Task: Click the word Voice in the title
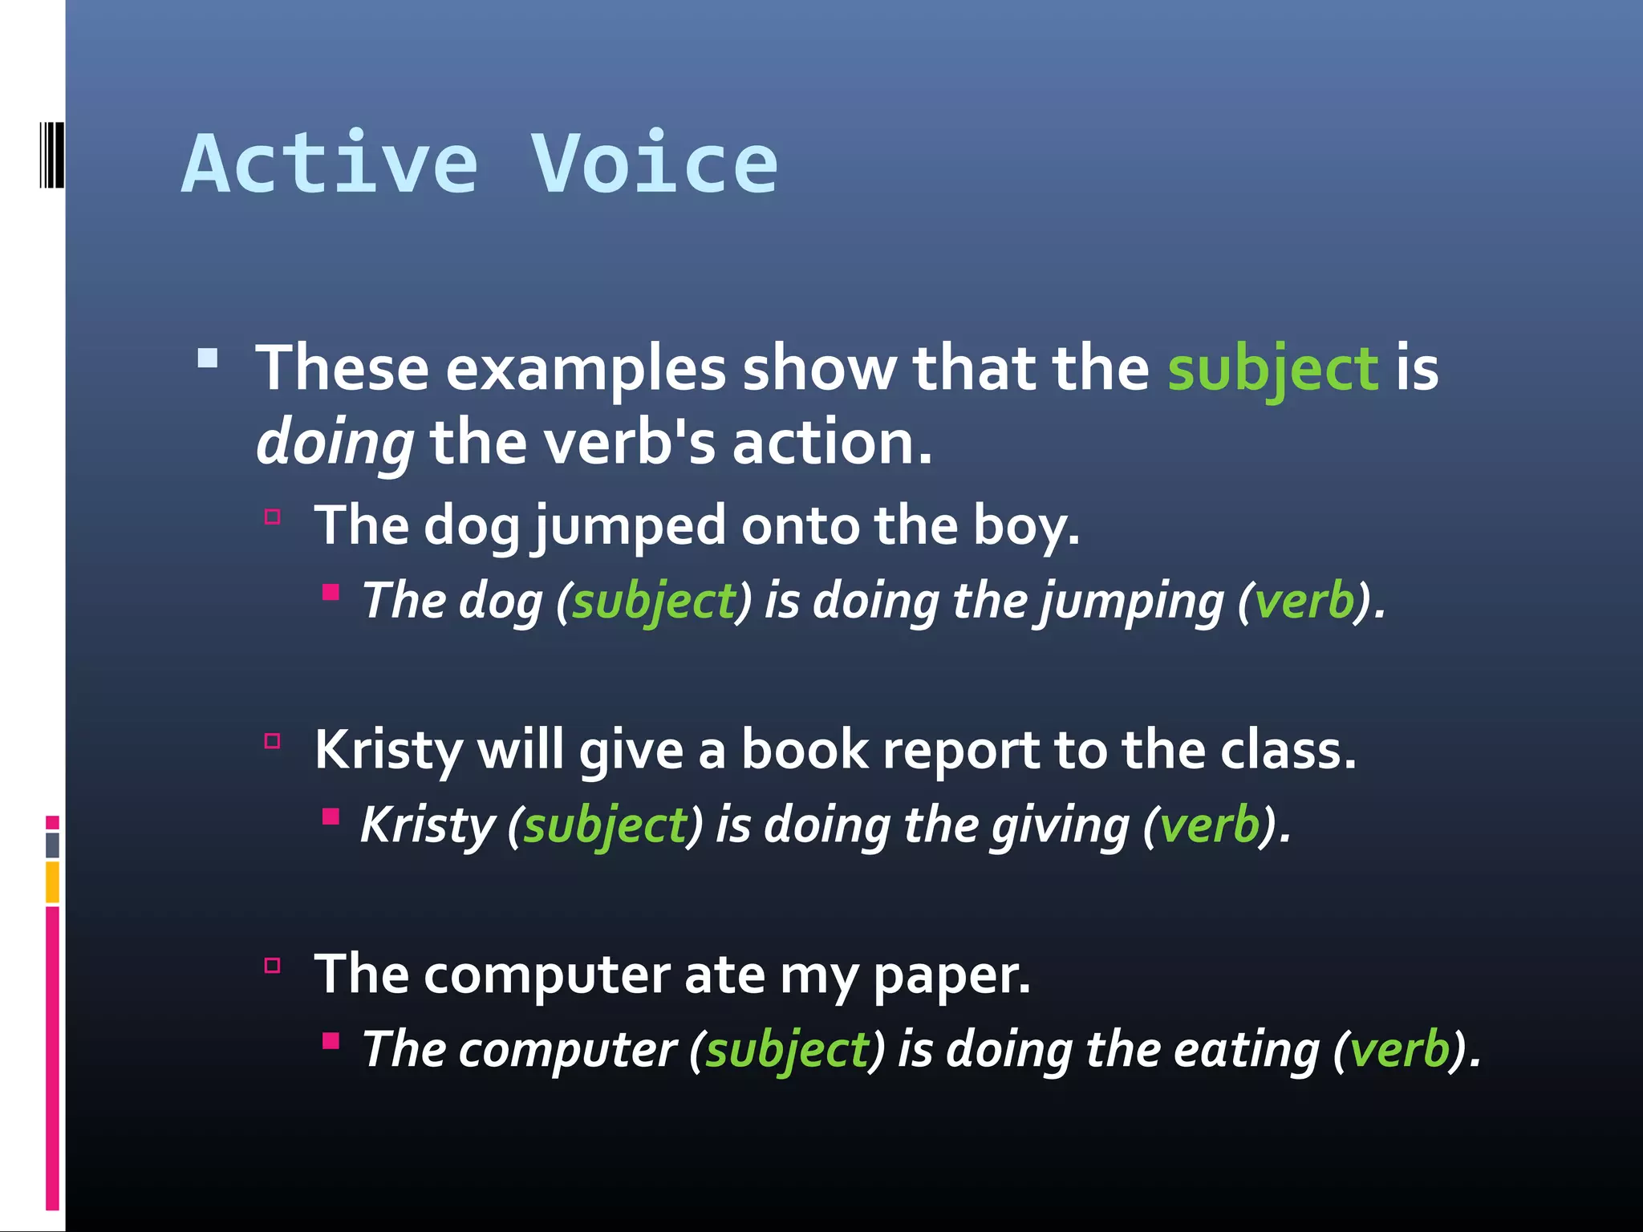(x=654, y=164)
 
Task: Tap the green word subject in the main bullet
(x=1272, y=369)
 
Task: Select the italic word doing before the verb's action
(x=335, y=444)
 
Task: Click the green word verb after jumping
(x=1304, y=601)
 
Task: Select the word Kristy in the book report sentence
(x=388, y=751)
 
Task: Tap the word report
(x=959, y=751)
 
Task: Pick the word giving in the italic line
(x=1059, y=825)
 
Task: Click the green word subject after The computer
(x=787, y=1051)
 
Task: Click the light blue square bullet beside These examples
(x=208, y=358)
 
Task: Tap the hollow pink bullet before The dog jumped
(x=273, y=517)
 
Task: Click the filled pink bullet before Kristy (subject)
(x=331, y=817)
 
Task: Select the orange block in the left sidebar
(x=52, y=881)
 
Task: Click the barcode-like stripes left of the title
(x=51, y=154)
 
